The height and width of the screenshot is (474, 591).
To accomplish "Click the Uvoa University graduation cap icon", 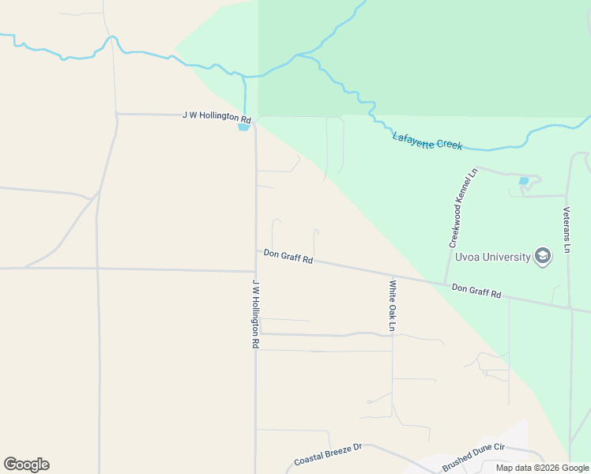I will [x=542, y=257].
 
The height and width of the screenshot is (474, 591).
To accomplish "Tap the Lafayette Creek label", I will [x=427, y=141].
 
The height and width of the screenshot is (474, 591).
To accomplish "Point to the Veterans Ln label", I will [x=567, y=230].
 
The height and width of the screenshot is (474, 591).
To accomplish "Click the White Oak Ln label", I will [x=391, y=305].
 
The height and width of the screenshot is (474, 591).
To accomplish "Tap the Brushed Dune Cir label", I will [x=473, y=457].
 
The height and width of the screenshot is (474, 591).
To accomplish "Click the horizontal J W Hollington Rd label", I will [x=211, y=115].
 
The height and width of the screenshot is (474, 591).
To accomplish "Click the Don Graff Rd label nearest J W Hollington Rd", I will [x=288, y=256].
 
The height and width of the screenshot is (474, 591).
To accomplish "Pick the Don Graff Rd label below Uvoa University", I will [x=476, y=291].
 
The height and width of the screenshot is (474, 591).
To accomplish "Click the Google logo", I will [x=26, y=465].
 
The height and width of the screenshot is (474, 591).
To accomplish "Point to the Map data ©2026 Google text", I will [x=542, y=468].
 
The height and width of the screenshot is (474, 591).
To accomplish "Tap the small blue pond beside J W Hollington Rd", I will [x=244, y=126].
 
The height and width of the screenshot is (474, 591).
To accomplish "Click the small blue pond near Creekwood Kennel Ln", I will [x=524, y=181].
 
